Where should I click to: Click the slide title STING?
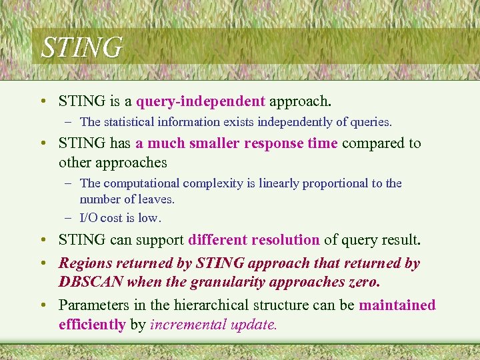point(81,47)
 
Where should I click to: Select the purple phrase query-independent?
point(201,101)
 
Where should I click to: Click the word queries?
point(372,122)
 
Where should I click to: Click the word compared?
point(373,143)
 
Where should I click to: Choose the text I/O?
point(91,218)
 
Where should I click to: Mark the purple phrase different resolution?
point(254,239)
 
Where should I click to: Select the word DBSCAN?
point(91,282)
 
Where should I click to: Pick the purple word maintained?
point(397,305)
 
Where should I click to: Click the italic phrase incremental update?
point(213,325)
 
